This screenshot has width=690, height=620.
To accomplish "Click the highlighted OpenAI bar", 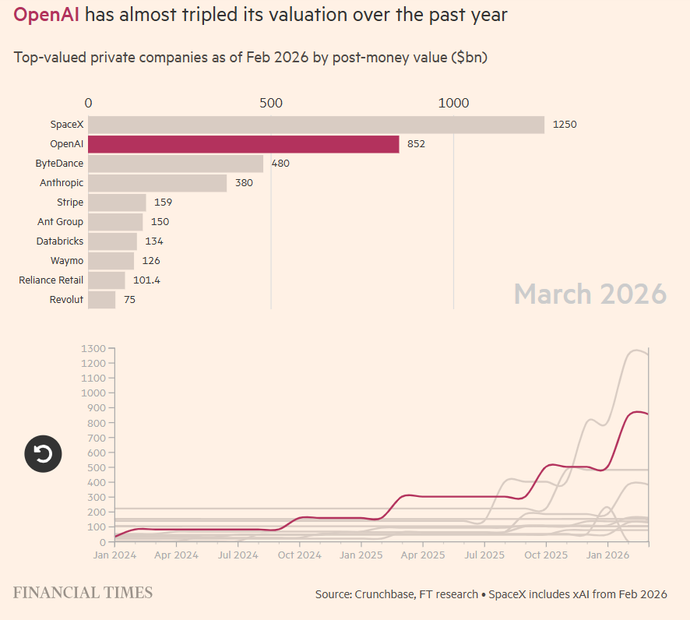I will [243, 144].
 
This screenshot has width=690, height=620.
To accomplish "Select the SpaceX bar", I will [315, 125].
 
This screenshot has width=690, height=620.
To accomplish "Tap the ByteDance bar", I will [175, 164].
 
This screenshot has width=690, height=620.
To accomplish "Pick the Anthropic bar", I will [157, 183].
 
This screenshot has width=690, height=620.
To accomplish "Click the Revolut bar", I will [101, 300].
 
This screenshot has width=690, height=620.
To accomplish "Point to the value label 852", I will [416, 144].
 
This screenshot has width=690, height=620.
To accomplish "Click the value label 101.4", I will [146, 280].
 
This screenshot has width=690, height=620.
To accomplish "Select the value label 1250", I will [564, 125].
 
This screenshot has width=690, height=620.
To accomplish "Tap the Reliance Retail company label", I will [51, 280].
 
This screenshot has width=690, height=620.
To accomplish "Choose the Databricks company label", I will [59, 241].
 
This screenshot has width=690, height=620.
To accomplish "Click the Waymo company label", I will [67, 261].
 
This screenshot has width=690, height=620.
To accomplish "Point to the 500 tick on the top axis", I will [270, 103].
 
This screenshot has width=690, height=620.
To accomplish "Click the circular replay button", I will [44, 453].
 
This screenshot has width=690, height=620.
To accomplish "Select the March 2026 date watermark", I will [590, 294].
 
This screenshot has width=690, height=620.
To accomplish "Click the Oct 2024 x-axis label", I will [299, 555].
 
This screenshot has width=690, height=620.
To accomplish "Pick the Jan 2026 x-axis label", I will [607, 555].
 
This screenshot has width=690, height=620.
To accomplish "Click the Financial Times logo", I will [83, 593].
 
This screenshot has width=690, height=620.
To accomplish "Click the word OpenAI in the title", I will [46, 15].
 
